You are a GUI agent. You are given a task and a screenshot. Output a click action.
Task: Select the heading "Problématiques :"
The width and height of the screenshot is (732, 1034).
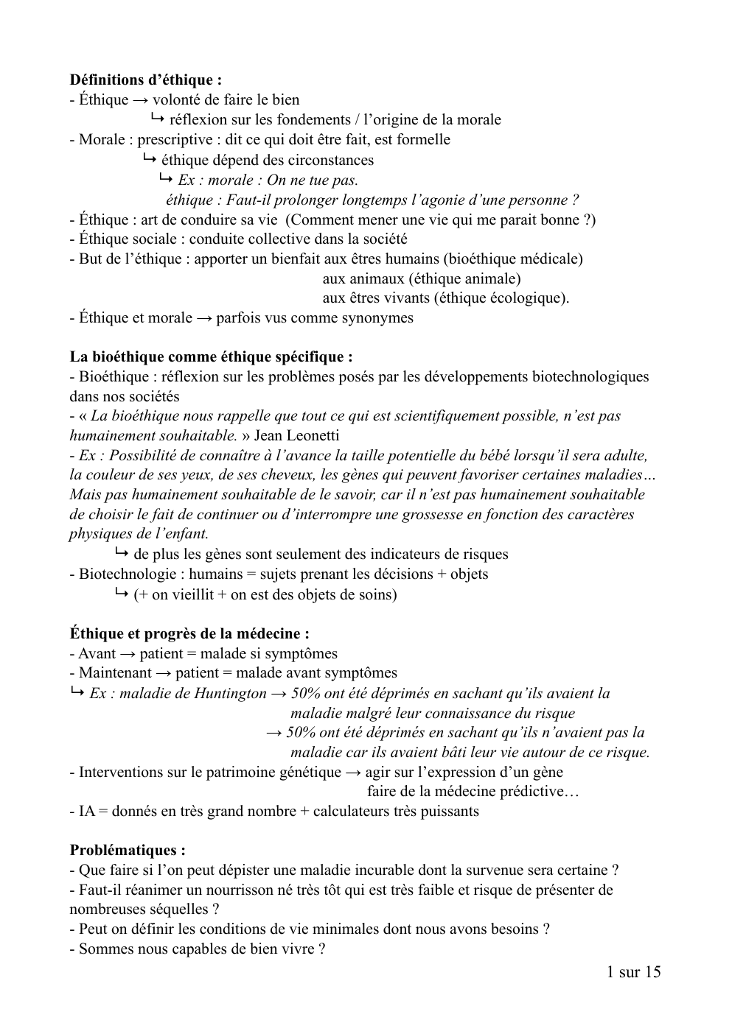128,851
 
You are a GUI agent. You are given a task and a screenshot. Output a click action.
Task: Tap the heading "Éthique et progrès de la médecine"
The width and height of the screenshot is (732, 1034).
189,633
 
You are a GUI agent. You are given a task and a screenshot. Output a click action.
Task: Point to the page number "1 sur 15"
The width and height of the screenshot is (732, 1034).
633,971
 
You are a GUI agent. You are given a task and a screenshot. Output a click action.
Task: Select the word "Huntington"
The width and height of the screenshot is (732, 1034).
230,693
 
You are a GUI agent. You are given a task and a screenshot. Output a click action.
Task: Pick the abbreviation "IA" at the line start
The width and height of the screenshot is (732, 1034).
87,811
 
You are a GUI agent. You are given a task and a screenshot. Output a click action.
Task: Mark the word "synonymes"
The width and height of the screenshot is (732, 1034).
377,317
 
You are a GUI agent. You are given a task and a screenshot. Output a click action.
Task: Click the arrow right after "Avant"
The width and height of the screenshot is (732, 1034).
128,653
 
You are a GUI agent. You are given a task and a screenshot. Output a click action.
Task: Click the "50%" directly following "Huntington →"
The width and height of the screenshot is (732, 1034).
304,693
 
